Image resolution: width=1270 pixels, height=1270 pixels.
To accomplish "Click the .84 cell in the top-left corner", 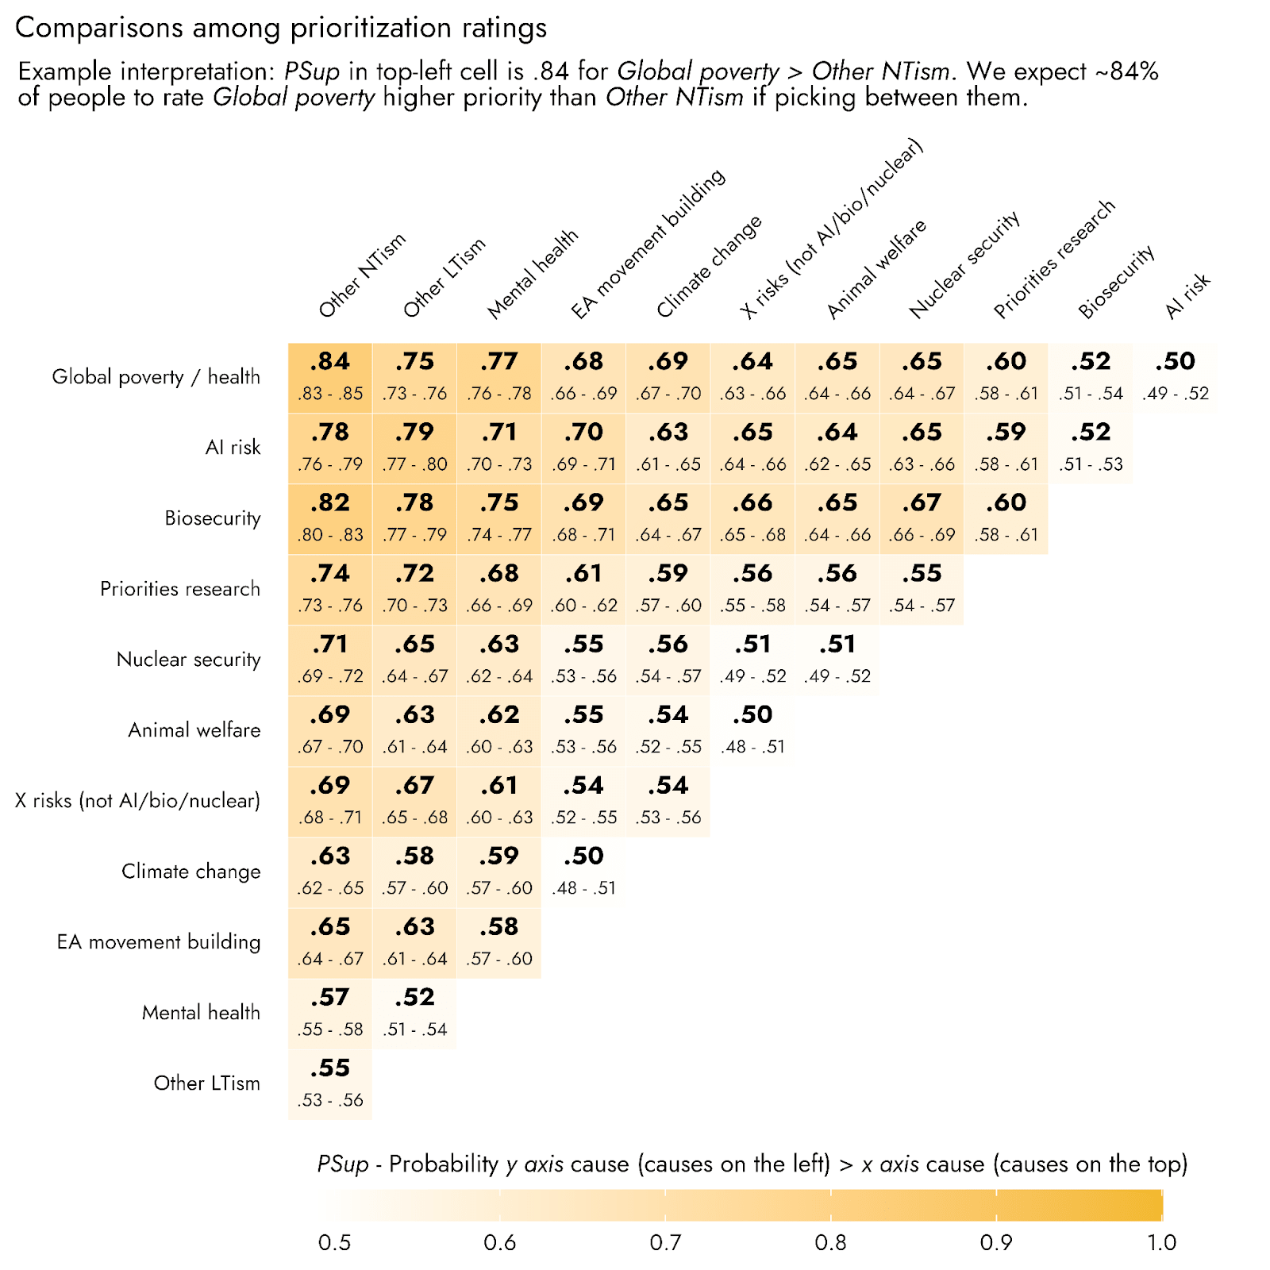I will coord(330,377).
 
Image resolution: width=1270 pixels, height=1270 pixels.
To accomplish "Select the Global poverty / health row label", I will coord(156,376).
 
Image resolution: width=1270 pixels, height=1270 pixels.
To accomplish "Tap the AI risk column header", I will coord(1187,295).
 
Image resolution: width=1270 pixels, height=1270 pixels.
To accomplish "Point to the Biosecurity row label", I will coord(212,518).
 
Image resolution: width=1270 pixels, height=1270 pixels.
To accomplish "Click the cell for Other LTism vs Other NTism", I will coord(330,1083).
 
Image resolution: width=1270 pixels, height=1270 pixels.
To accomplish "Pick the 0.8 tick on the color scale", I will coord(830,1242).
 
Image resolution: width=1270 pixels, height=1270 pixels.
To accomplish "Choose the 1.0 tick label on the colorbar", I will coord(1161,1242).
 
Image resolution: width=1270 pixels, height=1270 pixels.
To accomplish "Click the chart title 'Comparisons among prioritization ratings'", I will coord(281,28).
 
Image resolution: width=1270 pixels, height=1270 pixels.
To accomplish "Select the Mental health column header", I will coord(533,274).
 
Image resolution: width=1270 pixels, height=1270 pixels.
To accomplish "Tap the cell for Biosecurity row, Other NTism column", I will coord(330,518).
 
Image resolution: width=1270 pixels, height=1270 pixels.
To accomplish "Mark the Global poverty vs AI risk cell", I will coord(1176,377).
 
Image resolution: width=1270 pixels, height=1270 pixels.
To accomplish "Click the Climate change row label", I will coord(190,872).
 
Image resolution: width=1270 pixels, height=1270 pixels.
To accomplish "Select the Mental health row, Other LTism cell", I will coord(414,1013).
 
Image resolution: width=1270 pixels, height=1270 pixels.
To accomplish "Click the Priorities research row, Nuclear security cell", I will coord(922,589).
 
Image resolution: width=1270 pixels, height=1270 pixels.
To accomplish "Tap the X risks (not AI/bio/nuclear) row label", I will coord(137,801).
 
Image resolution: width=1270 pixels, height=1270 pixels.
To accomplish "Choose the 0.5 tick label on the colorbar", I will coord(334,1242).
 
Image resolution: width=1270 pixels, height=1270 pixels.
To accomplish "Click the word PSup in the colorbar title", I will coord(343,1164).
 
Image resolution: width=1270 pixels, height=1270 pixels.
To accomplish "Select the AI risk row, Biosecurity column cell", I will coord(1091,448).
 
